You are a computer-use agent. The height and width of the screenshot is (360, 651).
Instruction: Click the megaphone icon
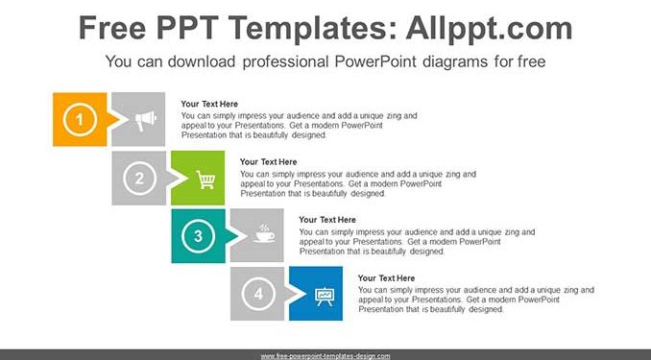pyautogui.click(x=146, y=120)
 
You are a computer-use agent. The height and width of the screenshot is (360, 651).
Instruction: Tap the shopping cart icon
pyautogui.click(x=205, y=180)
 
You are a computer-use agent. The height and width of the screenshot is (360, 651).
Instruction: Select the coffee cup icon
pyautogui.click(x=264, y=233)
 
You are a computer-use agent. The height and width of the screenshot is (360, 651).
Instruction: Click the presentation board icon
pyautogui.click(x=325, y=296)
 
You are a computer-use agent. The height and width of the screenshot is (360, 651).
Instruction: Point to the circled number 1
pyautogui.click(x=80, y=120)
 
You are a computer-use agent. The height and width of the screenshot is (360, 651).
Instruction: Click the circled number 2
pyautogui.click(x=139, y=179)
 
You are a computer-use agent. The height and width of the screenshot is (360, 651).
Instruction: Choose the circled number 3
pyautogui.click(x=199, y=236)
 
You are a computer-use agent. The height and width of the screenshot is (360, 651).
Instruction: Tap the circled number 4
pyautogui.click(x=258, y=294)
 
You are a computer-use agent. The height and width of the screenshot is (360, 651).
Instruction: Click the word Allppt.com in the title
pyautogui.click(x=489, y=28)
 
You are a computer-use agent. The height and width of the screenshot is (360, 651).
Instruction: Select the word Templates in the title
pyautogui.click(x=311, y=28)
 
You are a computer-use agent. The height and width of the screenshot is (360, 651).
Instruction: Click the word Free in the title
pyautogui.click(x=112, y=28)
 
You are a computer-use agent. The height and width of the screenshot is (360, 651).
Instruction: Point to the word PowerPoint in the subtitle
pyautogui.click(x=374, y=61)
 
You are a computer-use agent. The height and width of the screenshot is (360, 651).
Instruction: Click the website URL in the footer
pyautogui.click(x=325, y=356)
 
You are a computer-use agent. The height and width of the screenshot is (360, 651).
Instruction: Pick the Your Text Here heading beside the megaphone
pyautogui.click(x=209, y=104)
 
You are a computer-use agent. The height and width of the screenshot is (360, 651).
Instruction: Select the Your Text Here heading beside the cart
pyautogui.click(x=268, y=162)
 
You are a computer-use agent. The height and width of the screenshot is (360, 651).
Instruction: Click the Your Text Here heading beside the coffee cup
pyautogui.click(x=327, y=220)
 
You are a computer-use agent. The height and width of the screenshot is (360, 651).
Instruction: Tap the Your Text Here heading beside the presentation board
pyautogui.click(x=386, y=278)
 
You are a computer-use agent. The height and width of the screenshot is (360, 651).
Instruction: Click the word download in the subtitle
pyautogui.click(x=202, y=61)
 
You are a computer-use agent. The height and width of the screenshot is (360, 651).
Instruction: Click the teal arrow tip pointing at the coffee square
pyautogui.click(x=239, y=236)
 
